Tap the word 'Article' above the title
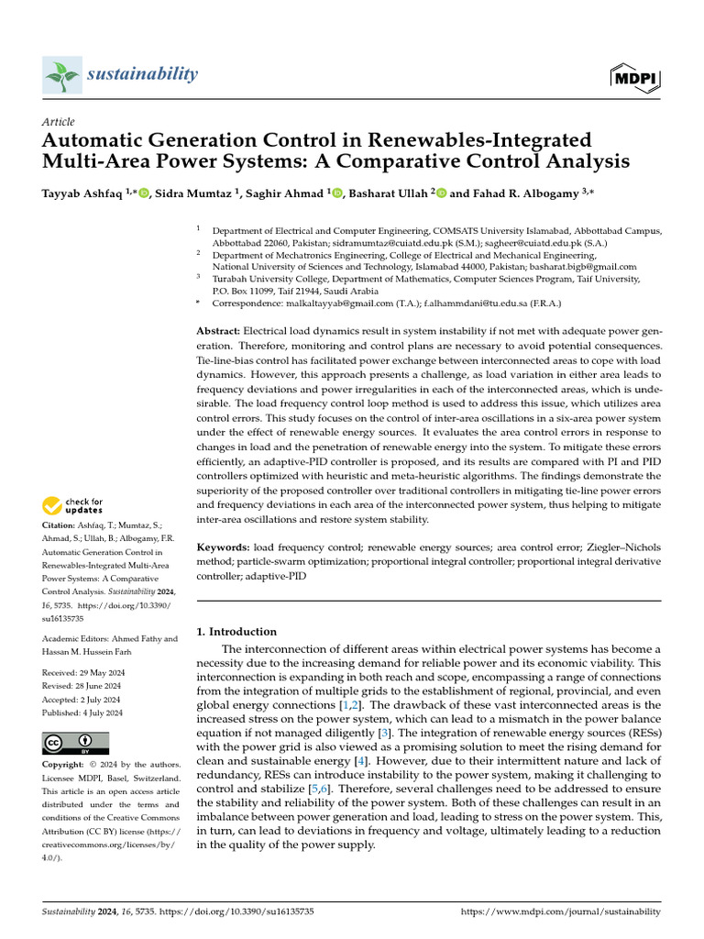click(59, 122)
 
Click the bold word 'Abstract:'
click(218, 330)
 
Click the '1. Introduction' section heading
click(237, 632)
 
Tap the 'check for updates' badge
click(73, 505)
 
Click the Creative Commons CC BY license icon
click(76, 743)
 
